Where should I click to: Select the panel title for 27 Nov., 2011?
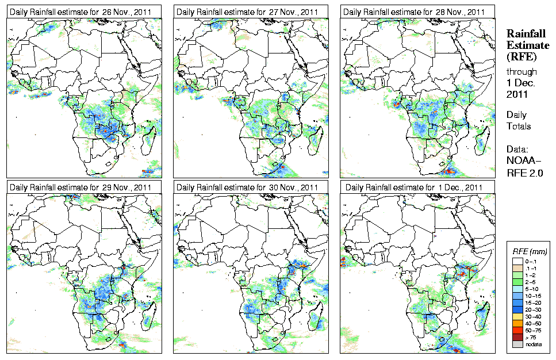[247, 12]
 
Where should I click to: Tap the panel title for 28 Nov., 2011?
[413, 12]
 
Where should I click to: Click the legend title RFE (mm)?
[530, 251]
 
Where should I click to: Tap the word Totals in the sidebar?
[519, 126]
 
